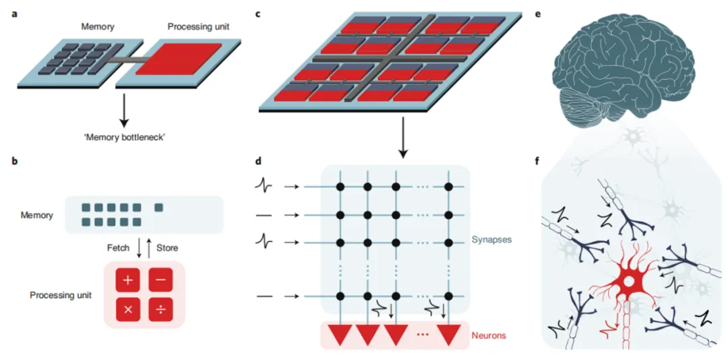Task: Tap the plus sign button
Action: [x=127, y=280]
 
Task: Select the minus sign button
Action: [x=160, y=280]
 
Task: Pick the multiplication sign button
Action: [x=127, y=310]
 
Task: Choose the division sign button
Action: [x=160, y=310]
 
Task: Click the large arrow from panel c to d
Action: [x=402, y=138]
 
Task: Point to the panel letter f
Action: [x=538, y=162]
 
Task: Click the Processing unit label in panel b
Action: [x=61, y=295]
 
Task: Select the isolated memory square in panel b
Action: [x=158, y=208]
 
